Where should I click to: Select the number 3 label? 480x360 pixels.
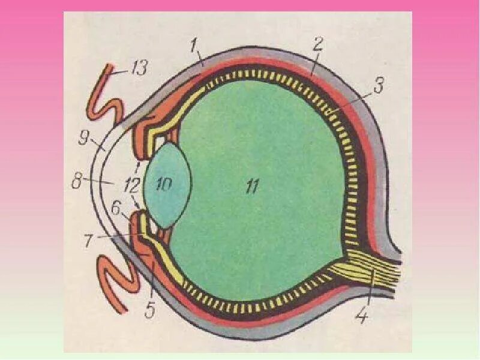pyautogui.click(x=377, y=85)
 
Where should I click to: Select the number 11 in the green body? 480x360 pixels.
pyautogui.click(x=251, y=187)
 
